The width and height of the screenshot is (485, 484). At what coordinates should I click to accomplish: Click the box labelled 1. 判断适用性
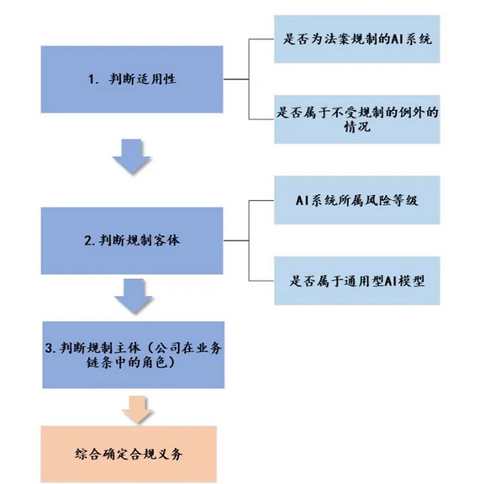(132, 80)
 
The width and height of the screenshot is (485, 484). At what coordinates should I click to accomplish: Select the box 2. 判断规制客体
(132, 240)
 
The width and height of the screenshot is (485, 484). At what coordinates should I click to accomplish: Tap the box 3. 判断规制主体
(134, 355)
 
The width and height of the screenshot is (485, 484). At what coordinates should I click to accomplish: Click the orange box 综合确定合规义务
(129, 454)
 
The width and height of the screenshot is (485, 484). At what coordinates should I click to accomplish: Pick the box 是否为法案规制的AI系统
(357, 39)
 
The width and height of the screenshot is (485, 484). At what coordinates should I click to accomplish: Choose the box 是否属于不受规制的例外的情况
(357, 119)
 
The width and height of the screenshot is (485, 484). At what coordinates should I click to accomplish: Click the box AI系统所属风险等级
(357, 200)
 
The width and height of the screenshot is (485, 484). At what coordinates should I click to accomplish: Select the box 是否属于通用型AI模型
(357, 281)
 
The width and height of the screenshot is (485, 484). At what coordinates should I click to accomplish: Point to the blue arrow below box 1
(132, 155)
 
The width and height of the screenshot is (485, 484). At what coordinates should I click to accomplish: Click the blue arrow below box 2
(134, 295)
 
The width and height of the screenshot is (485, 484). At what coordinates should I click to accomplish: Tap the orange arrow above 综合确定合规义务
(138, 409)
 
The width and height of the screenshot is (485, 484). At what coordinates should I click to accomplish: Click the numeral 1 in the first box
(92, 80)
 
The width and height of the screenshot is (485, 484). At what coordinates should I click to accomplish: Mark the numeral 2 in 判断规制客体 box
(87, 241)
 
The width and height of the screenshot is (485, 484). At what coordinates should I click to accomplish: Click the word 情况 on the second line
(357, 127)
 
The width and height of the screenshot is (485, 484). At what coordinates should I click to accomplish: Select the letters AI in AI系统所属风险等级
(301, 200)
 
